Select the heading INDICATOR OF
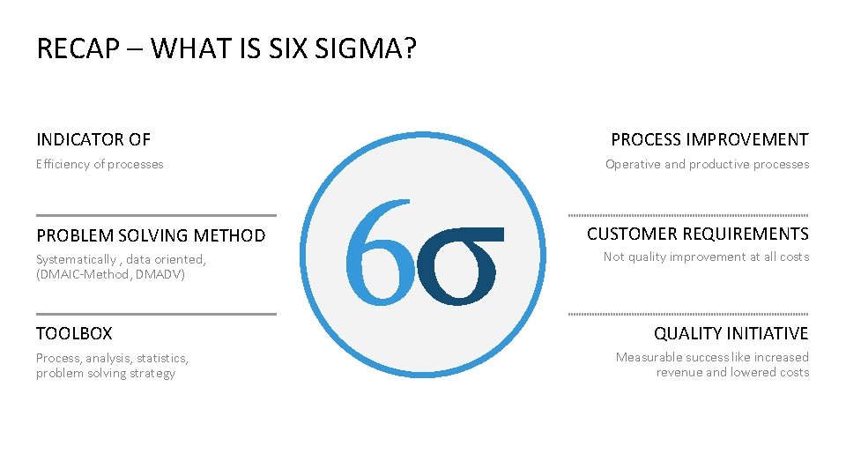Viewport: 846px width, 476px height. pyautogui.click(x=93, y=139)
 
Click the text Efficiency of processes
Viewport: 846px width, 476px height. pyautogui.click(x=100, y=164)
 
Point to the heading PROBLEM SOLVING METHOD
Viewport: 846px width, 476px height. pyautogui.click(x=151, y=235)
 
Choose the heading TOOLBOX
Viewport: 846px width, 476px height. pyautogui.click(x=74, y=333)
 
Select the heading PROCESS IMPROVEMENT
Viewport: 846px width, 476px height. pyautogui.click(x=709, y=139)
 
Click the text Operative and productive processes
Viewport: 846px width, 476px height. pyautogui.click(x=707, y=164)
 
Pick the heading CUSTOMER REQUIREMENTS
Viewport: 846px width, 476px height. pyautogui.click(x=697, y=234)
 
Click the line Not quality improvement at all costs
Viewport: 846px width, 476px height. pyautogui.click(x=706, y=257)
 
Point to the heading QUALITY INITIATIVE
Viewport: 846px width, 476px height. pyautogui.click(x=731, y=333)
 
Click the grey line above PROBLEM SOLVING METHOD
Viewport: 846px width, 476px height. pyautogui.click(x=156, y=215)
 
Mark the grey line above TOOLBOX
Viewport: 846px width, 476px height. pyautogui.click(x=156, y=314)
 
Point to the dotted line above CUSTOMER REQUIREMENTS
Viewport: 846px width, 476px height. pyautogui.click(x=688, y=215)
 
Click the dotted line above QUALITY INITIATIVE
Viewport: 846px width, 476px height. pyautogui.click(x=688, y=314)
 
